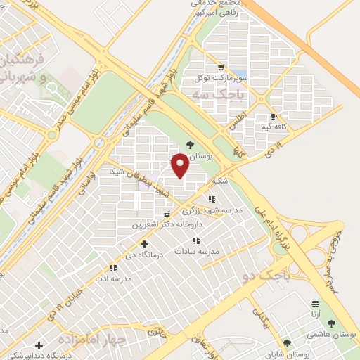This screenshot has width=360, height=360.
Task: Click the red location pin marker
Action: coord(181,165)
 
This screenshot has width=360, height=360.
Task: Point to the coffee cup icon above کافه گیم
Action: coord(273,116)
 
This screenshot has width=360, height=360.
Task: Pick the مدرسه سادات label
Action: coord(200,251)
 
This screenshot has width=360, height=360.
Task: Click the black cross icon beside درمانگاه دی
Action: coord(145,243)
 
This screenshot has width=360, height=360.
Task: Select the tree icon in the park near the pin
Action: coord(190,145)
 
